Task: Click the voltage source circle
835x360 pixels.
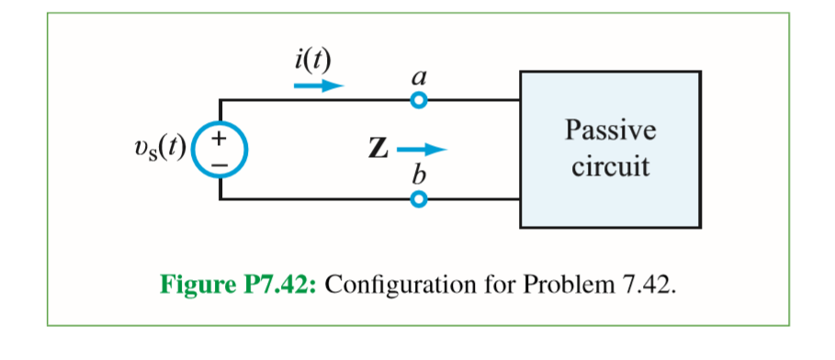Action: coord(220,149)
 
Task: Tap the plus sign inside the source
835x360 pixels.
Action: coord(220,138)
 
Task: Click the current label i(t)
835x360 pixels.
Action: coord(313,61)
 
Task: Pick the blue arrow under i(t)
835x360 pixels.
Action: coord(318,85)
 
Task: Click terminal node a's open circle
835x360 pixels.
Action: coord(419,100)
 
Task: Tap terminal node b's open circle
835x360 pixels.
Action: coord(419,198)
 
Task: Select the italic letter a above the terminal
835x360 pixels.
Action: coord(419,79)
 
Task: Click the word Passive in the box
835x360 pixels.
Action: coord(610,130)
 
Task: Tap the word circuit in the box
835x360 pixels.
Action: coord(610,167)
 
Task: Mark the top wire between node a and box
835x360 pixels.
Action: coord(472,100)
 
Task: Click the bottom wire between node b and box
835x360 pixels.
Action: coord(472,198)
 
